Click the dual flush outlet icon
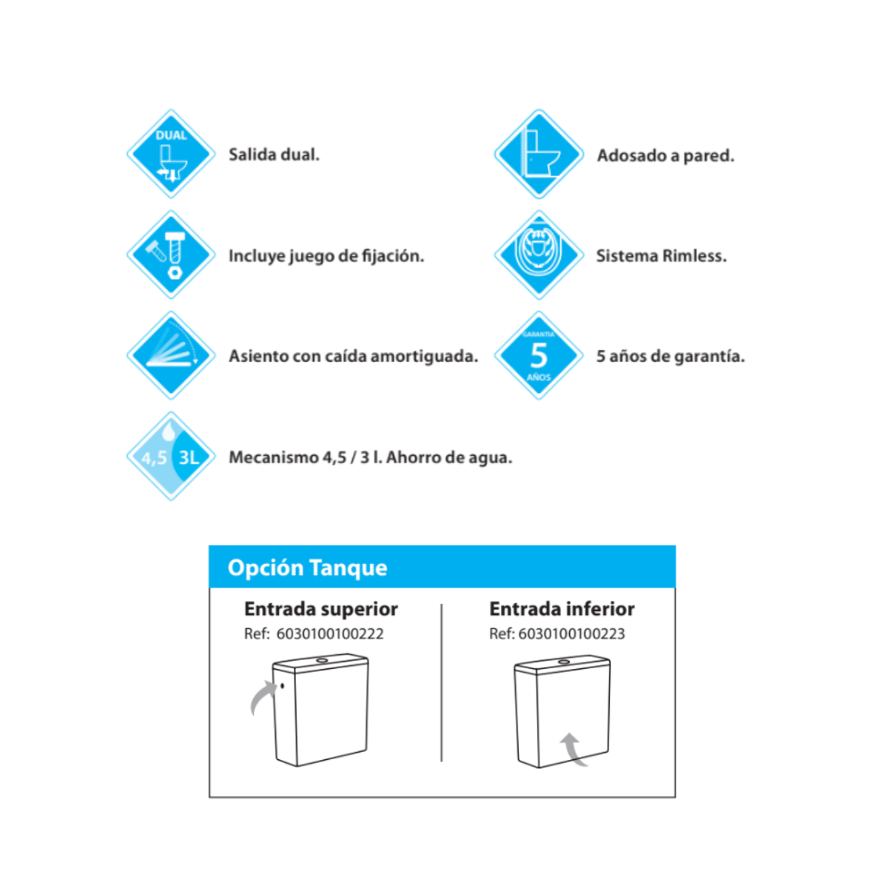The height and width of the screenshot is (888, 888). (171, 154)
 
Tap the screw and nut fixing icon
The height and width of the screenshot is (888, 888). (171, 255)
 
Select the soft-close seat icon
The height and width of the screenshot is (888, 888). (171, 355)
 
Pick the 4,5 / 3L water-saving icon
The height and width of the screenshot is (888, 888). (171, 456)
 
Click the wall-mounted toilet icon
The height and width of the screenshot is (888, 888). (539, 154)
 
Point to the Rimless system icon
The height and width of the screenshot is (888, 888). (539, 255)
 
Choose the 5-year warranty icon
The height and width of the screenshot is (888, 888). (539, 355)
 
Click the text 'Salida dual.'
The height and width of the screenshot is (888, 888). (274, 155)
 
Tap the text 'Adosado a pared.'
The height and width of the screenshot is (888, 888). (665, 155)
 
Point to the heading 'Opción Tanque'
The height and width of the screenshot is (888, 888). (307, 568)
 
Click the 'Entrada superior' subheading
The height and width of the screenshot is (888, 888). (321, 609)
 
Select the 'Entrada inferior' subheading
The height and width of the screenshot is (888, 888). (562, 609)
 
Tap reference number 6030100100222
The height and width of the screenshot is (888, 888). (330, 633)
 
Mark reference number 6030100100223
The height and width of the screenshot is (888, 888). (571, 633)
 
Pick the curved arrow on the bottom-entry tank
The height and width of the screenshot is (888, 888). (573, 748)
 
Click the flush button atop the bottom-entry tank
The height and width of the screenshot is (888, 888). (564, 662)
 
